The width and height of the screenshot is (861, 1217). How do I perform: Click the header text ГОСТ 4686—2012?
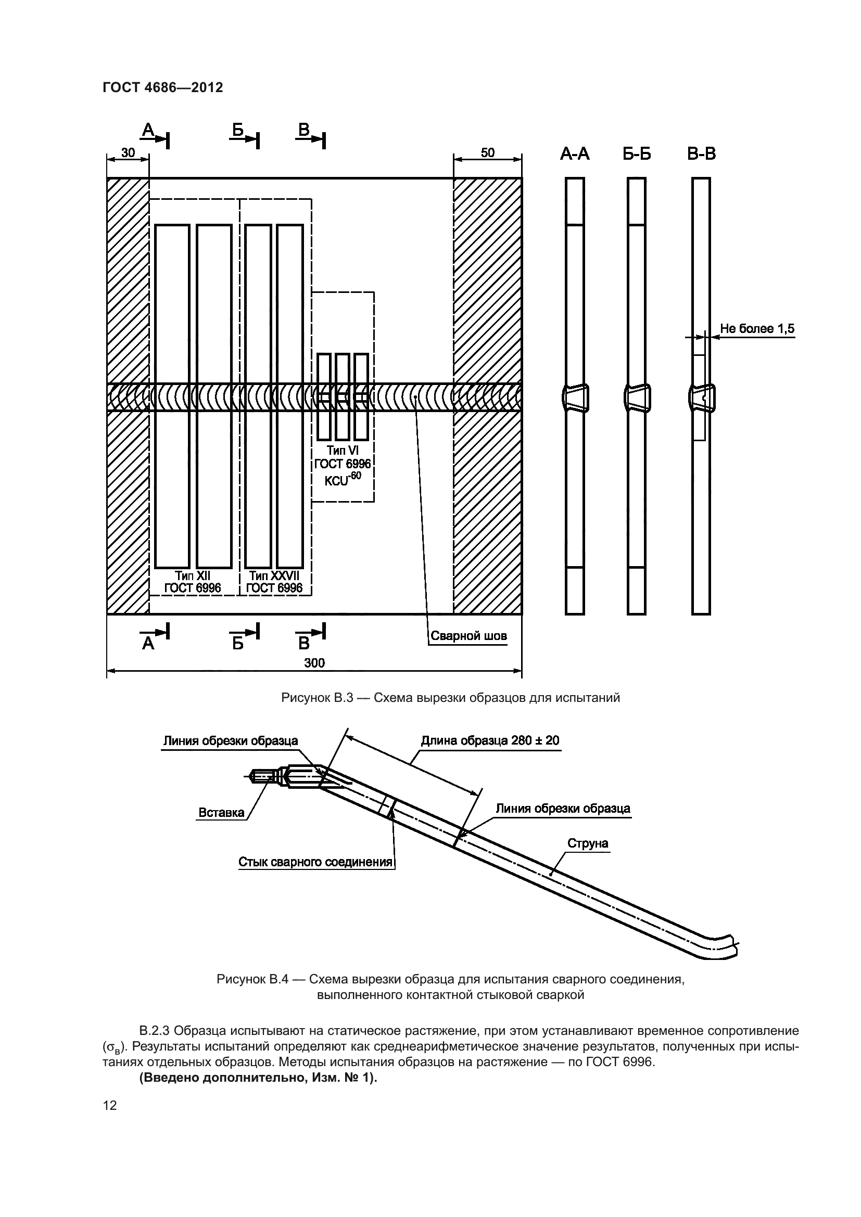tap(163, 87)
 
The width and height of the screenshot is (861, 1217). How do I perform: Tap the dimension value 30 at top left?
tap(128, 153)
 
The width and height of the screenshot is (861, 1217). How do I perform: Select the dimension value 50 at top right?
tap(487, 153)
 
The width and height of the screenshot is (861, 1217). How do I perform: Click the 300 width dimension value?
tap(314, 662)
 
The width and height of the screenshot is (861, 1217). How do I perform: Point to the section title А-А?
tap(575, 154)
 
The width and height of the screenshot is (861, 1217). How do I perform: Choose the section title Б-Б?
tap(637, 154)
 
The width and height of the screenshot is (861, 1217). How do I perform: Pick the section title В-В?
tap(701, 154)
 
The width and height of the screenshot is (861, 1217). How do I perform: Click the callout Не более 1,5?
tap(757, 329)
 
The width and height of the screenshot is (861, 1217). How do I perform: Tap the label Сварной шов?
tap(468, 635)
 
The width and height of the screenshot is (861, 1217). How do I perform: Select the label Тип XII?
tap(193, 575)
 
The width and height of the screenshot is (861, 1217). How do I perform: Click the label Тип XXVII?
tap(275, 575)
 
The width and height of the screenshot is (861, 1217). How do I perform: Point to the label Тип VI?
tap(343, 451)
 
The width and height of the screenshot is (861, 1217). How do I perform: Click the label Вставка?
tap(221, 813)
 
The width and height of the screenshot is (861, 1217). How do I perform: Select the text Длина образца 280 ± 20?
tap(490, 740)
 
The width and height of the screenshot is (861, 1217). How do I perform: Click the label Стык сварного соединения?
tap(315, 862)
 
